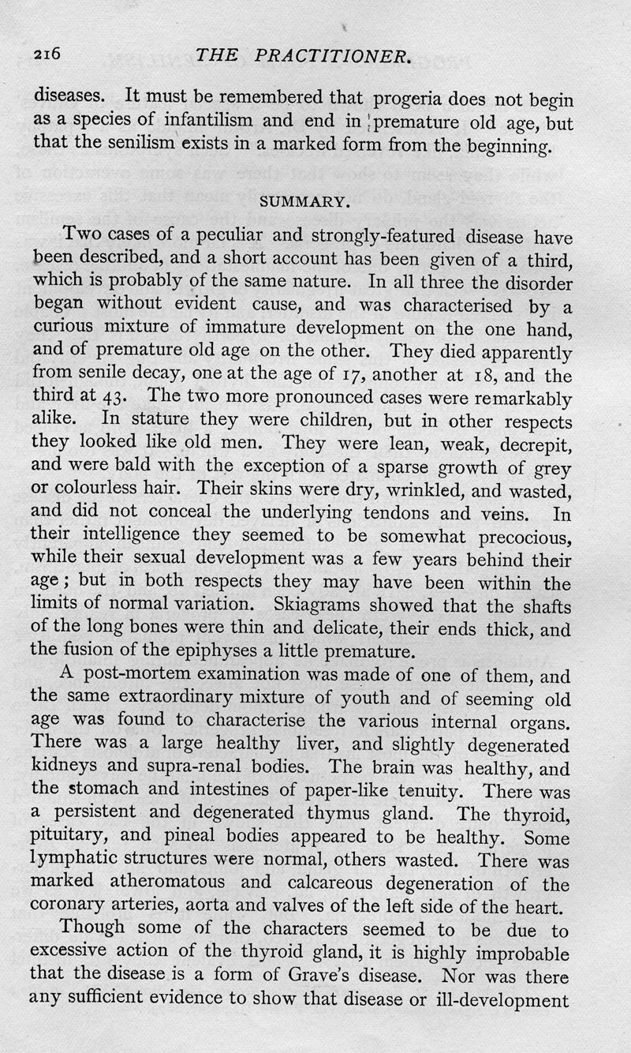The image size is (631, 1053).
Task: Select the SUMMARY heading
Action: pos(304,200)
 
